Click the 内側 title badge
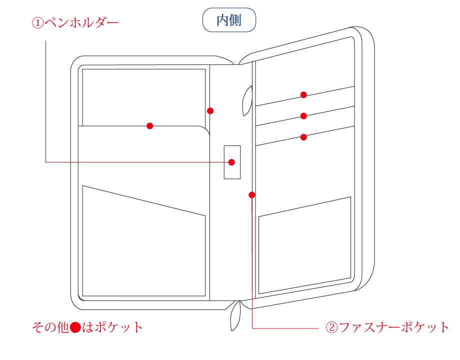(229, 20)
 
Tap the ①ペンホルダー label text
(75, 22)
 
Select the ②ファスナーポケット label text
(387, 327)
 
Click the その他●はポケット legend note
(87, 327)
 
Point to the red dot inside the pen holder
(232, 162)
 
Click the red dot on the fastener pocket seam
(251, 195)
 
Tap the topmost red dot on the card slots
(303, 95)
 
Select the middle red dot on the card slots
(303, 116)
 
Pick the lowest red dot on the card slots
(303, 137)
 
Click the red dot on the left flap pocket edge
(149, 126)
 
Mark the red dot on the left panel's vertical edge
(210, 110)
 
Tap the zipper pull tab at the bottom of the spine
(235, 316)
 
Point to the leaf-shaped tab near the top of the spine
(246, 101)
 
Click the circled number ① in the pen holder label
(37, 23)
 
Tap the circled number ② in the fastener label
(332, 327)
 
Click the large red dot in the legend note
(75, 327)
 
